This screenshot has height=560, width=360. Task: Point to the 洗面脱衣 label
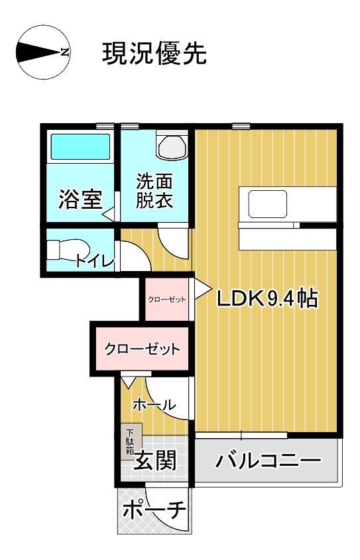[x=154, y=192]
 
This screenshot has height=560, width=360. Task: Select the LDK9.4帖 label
[x=268, y=300]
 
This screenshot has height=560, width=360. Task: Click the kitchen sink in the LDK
[x=269, y=203]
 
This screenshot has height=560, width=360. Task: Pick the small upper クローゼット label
[x=167, y=300]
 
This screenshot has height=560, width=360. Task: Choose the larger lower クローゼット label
[x=143, y=349]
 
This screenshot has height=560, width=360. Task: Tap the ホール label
[x=154, y=404]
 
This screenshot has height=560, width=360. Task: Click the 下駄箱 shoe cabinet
[x=129, y=441]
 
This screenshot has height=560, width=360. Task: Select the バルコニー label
[x=268, y=461]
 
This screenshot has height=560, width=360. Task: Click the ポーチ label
[x=154, y=511]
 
